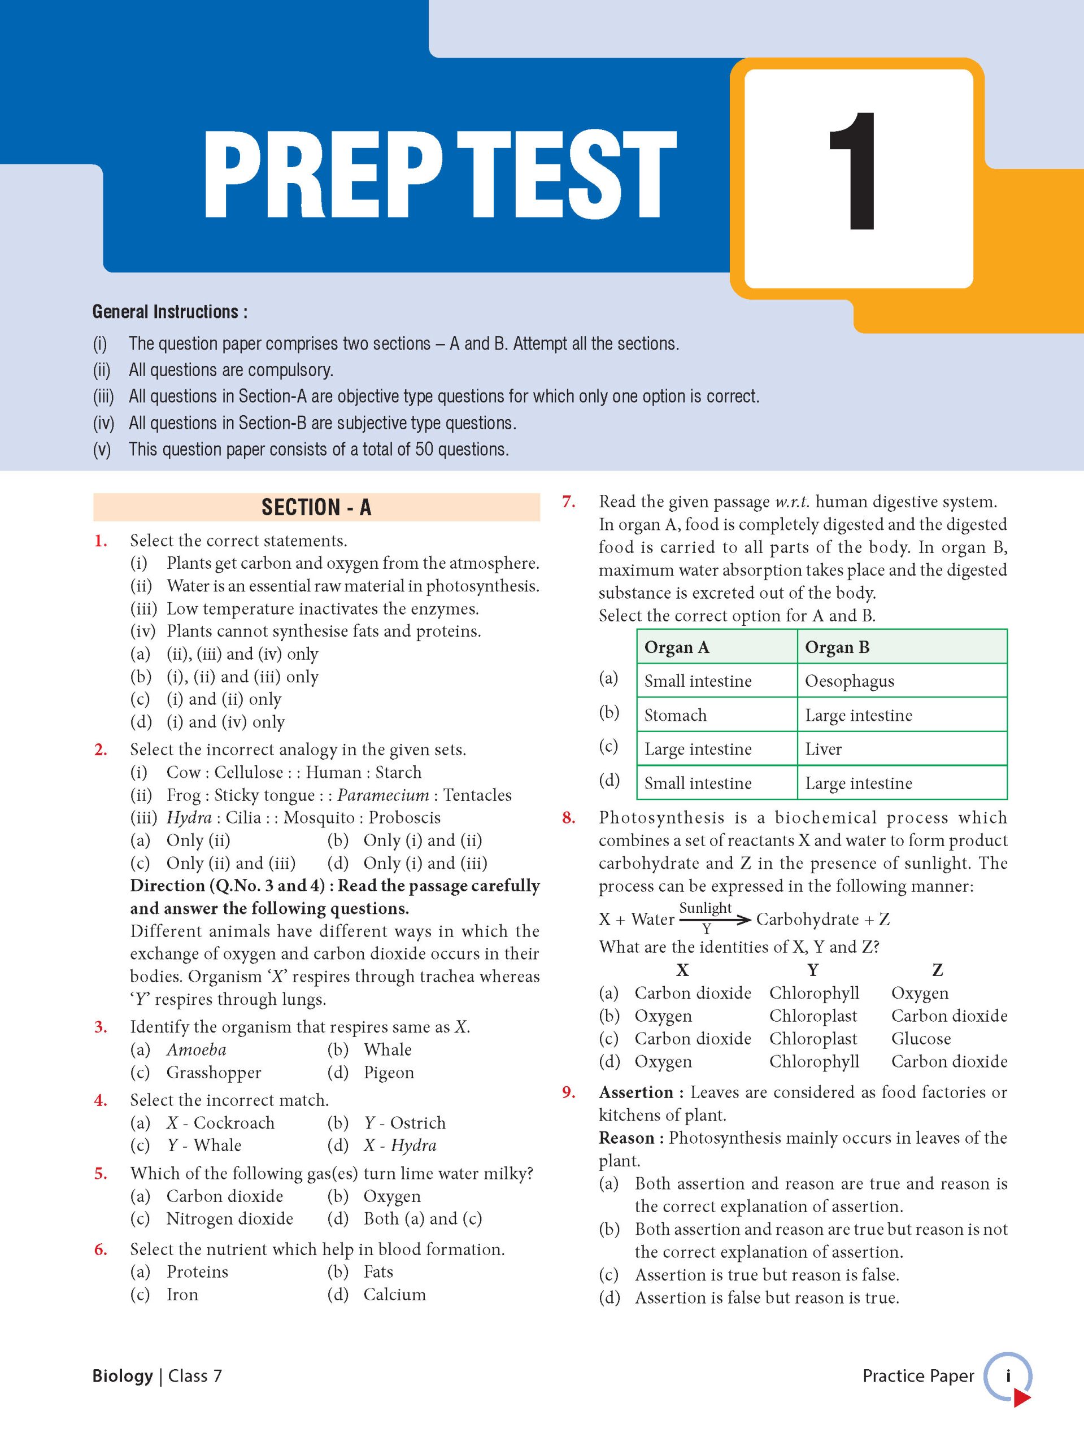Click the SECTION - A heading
pos(316,507)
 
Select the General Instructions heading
pos(169,312)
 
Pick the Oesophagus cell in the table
pos(849,681)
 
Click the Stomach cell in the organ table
pos(676,715)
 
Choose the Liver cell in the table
pos(823,749)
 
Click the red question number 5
pos(100,1173)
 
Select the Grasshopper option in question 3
pos(213,1073)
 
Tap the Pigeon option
pos(389,1073)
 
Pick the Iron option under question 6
pos(182,1295)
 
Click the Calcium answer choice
pos(394,1295)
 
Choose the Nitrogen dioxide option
pos(229,1218)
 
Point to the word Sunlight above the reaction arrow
pos(705,908)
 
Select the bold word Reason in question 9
pos(626,1138)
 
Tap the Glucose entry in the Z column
pos(921,1039)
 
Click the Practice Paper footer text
pos(918,1376)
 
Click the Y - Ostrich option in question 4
pos(404,1123)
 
